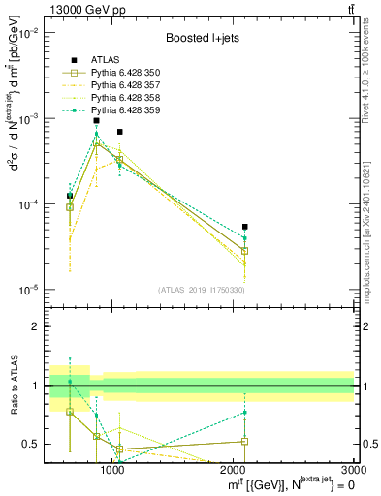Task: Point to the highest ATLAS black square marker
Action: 96,121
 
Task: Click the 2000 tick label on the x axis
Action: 234,470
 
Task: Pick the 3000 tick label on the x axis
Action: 355,470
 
